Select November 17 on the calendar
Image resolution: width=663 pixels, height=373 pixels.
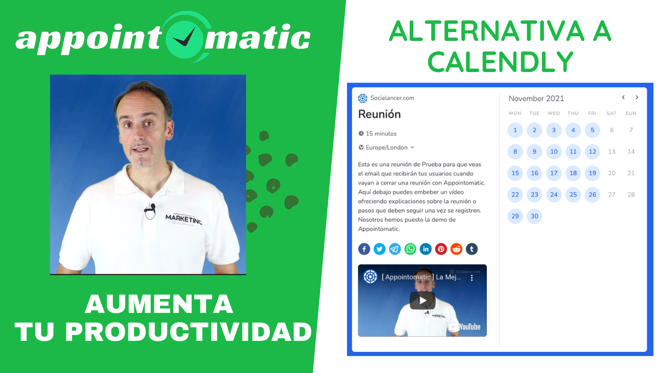coord(554,173)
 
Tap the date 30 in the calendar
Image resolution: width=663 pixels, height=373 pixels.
coord(534,216)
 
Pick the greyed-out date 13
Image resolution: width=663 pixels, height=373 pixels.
coord(612,152)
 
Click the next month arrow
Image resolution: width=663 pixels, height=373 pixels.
coord(637,97)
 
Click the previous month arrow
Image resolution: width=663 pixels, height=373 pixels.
coord(623,97)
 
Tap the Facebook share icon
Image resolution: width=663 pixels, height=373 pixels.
coord(364,249)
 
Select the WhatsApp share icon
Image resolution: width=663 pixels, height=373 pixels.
coord(410,249)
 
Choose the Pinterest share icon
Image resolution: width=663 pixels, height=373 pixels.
coord(441,249)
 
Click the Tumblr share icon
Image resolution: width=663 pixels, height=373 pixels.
coord(472,249)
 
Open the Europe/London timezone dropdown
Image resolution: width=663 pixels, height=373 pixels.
coord(386,148)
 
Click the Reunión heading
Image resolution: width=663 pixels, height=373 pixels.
coord(380,114)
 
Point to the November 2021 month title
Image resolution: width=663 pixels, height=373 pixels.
coord(536,98)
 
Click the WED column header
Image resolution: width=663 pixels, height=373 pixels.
coord(554,113)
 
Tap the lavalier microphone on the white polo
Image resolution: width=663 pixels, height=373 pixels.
coord(150,211)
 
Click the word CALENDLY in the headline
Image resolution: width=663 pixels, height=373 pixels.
coord(500,62)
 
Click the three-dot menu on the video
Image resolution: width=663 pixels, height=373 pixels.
coord(472,278)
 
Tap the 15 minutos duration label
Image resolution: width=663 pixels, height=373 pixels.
coord(378,134)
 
